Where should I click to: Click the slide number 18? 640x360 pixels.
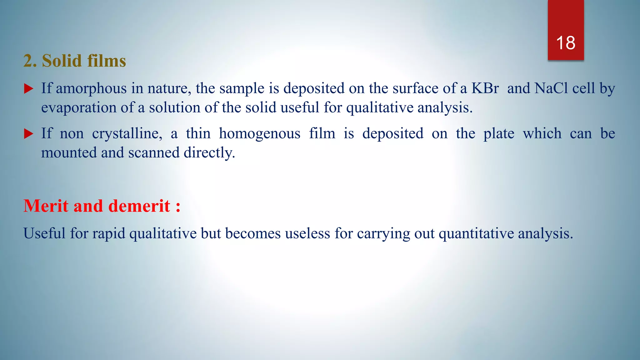[x=566, y=43]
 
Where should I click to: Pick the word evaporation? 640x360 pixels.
[x=79, y=108]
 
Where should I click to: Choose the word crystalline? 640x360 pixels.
[x=127, y=134]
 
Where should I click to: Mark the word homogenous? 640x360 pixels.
[x=260, y=134]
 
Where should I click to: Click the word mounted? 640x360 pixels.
[x=69, y=153]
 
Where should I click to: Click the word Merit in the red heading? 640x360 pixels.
[x=46, y=206]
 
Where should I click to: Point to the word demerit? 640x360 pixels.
[x=139, y=206]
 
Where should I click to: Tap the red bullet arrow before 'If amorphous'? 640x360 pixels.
[x=28, y=89]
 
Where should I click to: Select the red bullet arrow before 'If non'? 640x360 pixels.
[x=28, y=134]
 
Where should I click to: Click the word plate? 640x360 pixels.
[x=499, y=134]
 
